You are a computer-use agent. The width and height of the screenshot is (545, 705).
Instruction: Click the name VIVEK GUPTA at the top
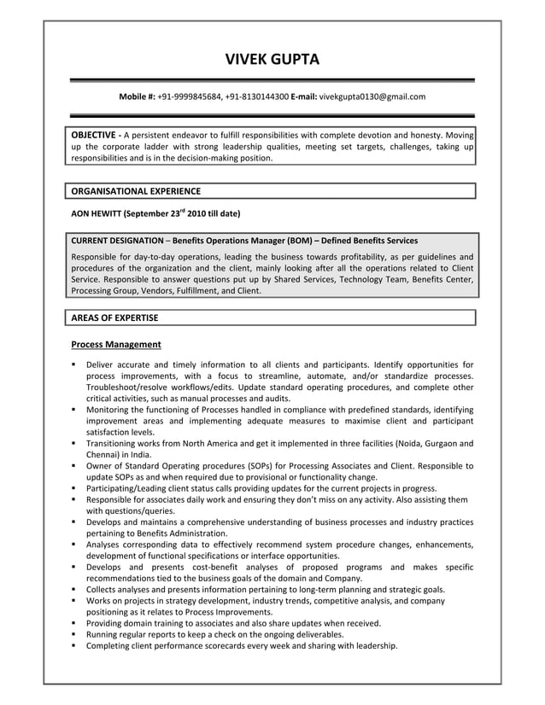(272, 59)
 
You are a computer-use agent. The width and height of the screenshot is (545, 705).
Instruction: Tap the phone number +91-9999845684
(190, 97)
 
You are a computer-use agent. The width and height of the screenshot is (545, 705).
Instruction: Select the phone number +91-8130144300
(257, 97)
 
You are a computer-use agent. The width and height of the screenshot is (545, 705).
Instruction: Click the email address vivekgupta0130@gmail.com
(372, 97)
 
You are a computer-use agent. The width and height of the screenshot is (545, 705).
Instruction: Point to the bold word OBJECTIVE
(93, 135)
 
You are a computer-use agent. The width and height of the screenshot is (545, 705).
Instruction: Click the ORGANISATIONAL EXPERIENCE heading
(136, 191)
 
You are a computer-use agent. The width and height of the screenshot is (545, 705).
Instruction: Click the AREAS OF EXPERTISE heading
(114, 318)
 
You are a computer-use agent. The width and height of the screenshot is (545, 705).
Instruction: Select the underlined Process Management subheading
(116, 345)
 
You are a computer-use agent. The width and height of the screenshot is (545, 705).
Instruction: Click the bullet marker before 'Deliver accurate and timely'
(75, 365)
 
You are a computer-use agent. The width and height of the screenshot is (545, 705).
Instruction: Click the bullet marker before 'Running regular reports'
(75, 635)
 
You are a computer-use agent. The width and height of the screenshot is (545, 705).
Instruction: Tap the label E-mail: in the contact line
(304, 97)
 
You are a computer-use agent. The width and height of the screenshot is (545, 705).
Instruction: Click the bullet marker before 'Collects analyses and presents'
(75, 590)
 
